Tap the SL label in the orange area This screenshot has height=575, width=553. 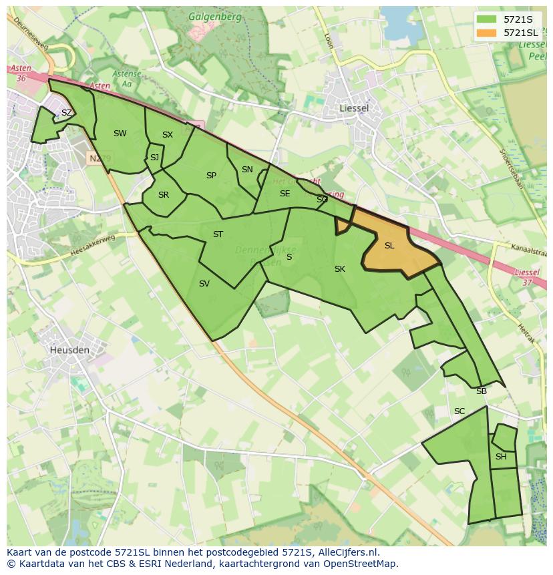point(389,246)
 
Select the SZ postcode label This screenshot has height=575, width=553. point(67,113)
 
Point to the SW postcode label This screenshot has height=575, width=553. point(120,134)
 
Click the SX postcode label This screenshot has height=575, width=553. point(168,135)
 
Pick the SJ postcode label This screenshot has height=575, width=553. point(154,158)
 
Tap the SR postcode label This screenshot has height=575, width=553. point(164,195)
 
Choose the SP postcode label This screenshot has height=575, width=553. point(211,176)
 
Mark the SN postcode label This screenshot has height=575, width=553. point(247,170)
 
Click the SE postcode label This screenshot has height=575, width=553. point(285,194)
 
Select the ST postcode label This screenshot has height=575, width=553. point(218,234)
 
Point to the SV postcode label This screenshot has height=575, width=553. point(204,284)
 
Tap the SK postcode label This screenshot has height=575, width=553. point(340,269)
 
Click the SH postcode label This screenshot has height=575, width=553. point(501,457)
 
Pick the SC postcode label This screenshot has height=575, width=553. point(459,411)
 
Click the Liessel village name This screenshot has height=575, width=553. point(354,108)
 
